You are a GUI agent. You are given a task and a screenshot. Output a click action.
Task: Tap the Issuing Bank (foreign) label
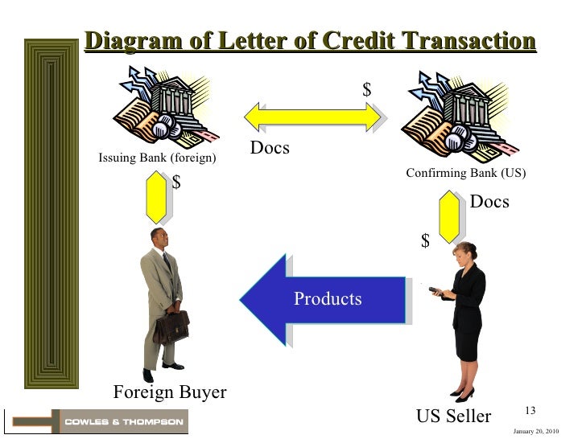coord(157,158)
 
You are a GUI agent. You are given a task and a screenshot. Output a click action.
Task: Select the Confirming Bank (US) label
coord(465,173)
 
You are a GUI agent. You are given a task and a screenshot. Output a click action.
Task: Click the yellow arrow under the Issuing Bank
coord(158,198)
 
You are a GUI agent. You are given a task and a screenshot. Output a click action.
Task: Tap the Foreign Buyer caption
coord(170,392)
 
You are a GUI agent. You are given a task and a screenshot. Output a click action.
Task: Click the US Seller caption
coord(453,416)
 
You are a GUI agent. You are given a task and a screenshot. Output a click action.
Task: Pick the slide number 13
coord(530,411)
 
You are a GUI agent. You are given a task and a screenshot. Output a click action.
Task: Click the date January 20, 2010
coord(535,432)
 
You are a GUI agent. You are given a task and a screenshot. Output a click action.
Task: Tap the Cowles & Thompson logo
coord(122,421)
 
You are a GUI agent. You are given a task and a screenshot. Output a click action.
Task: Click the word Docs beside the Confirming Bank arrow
coord(489,202)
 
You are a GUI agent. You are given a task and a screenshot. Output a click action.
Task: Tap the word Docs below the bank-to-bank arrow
coord(270,149)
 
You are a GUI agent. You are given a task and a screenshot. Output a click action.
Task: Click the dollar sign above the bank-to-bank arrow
coord(367,91)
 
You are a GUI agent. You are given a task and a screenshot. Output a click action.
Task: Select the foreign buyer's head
coord(159,239)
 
